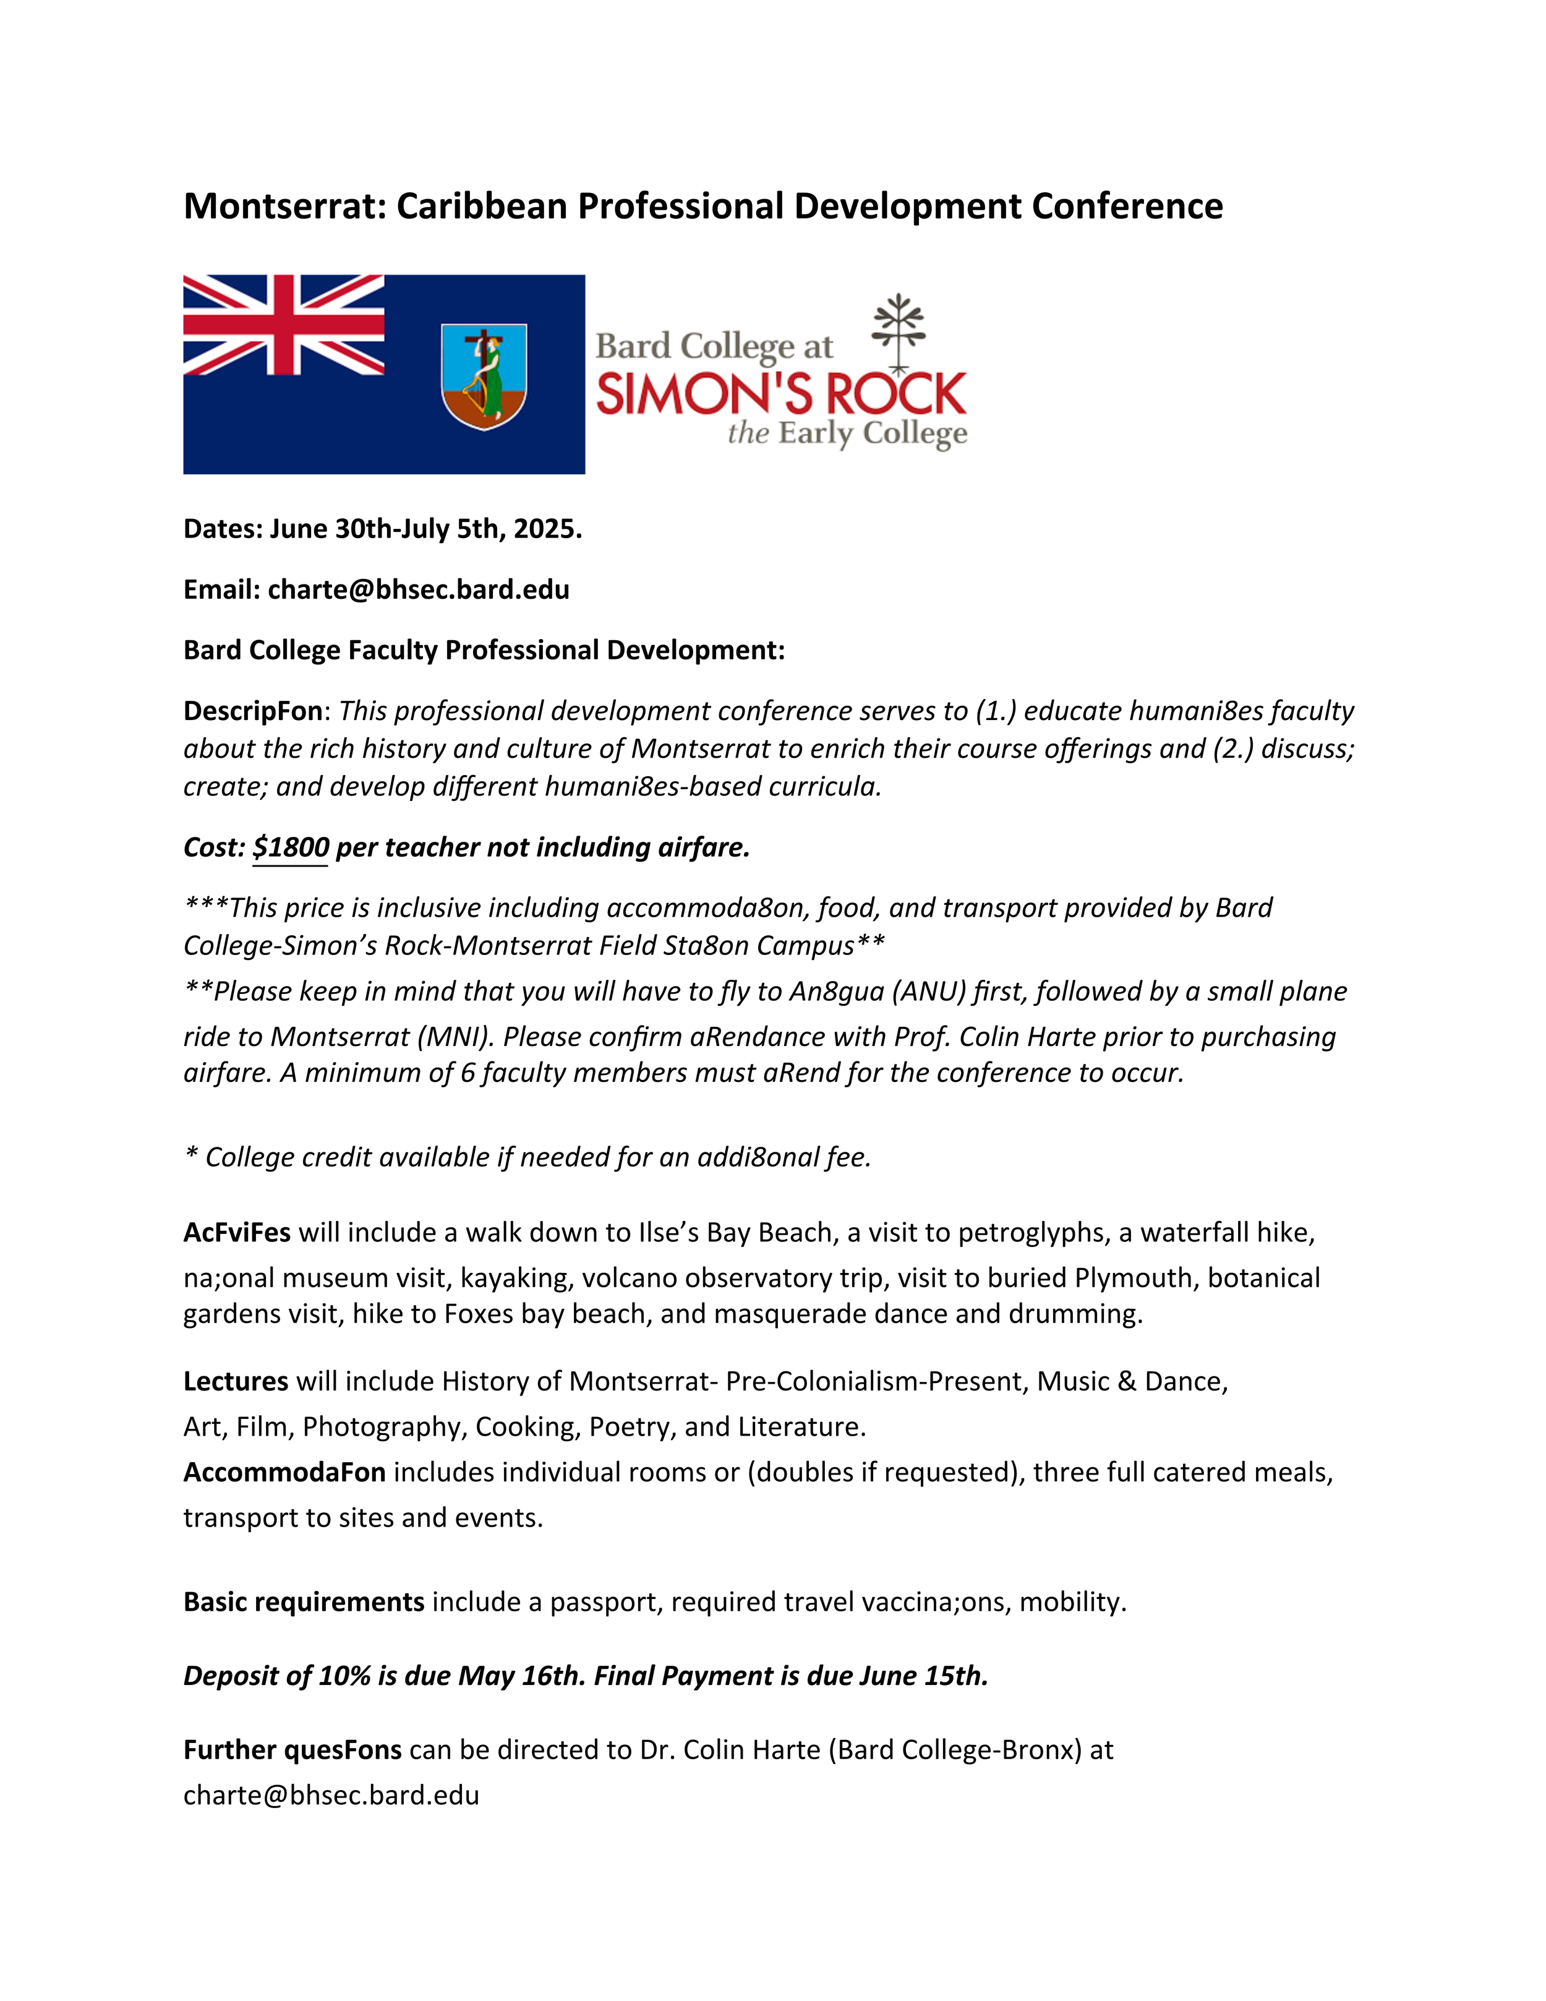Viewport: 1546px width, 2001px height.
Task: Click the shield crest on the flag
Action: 484,375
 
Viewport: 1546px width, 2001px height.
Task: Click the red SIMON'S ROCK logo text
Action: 781,394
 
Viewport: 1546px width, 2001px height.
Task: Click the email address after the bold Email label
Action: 419,590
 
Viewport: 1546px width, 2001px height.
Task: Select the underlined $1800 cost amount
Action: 290,847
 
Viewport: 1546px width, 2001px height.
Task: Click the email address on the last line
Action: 331,1796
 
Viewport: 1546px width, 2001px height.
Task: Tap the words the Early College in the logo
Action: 847,434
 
